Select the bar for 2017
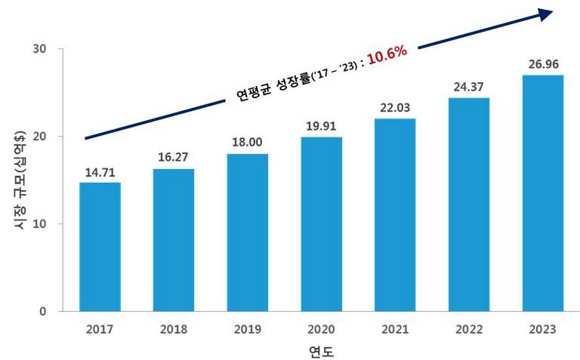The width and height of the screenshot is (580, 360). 100,247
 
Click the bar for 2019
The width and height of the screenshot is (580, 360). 247,232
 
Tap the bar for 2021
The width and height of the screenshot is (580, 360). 395,215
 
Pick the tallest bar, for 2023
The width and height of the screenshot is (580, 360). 543,193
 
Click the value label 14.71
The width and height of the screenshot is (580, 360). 100,173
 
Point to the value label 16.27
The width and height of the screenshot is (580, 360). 173,159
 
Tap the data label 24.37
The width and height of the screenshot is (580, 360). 469,88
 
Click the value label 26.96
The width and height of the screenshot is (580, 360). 543,65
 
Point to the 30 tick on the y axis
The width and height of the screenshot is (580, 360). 40,49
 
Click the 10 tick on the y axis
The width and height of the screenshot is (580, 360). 40,224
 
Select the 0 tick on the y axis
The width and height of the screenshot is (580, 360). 44,311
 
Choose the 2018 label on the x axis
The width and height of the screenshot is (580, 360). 173,329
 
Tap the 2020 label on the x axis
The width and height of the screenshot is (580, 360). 321,329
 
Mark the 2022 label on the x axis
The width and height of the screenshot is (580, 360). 469,329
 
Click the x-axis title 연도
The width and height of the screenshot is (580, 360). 321,351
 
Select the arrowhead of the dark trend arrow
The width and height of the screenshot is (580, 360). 545,14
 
